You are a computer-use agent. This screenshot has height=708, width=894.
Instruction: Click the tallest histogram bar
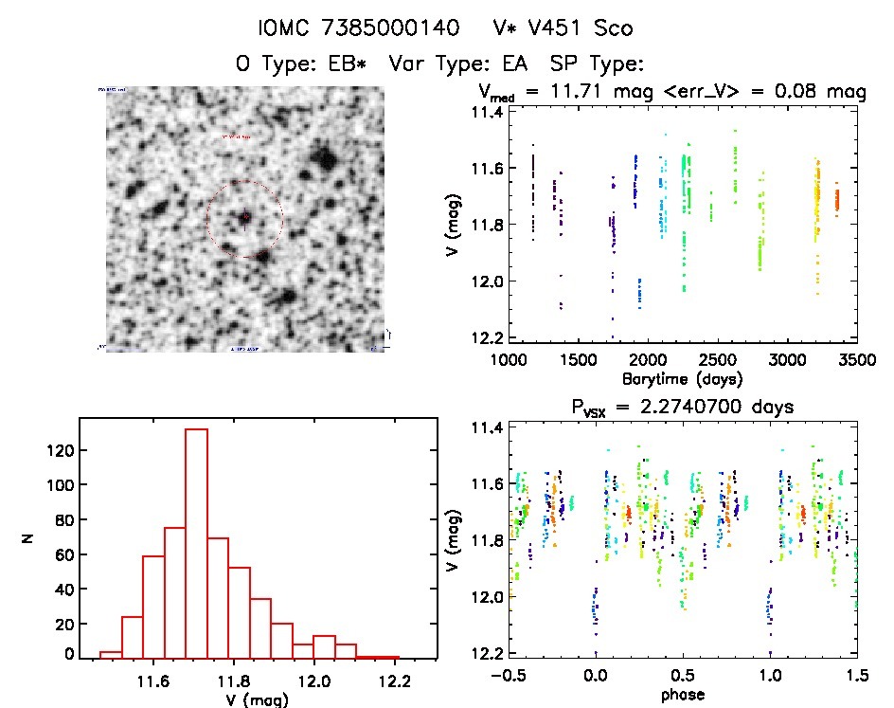pyautogui.click(x=196, y=543)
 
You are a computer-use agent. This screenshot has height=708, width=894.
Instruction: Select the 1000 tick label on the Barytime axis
pyautogui.click(x=510, y=361)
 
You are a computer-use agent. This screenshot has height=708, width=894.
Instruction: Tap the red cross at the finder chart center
pyautogui.click(x=244, y=218)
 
